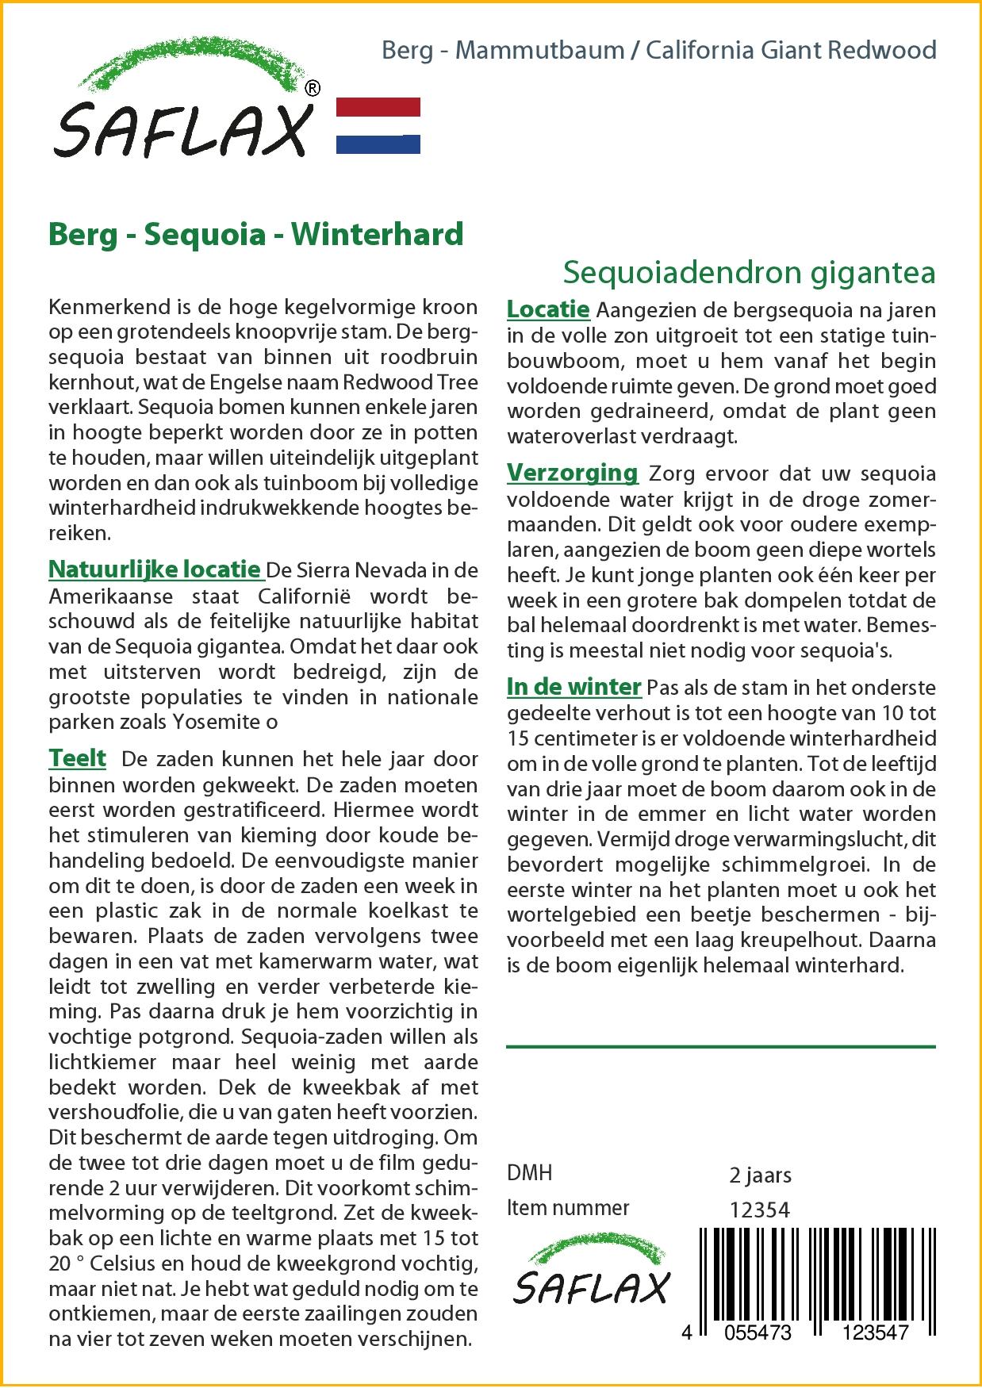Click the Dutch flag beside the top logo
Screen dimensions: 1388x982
(x=378, y=125)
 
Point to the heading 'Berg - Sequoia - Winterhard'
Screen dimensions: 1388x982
(x=255, y=234)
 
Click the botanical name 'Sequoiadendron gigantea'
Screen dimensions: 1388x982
(x=749, y=272)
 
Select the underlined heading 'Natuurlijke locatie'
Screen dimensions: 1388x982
(x=155, y=569)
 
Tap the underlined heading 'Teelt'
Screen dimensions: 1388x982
(x=77, y=758)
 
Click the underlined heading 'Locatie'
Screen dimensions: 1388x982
(x=548, y=309)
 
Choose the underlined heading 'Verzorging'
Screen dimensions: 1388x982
(x=572, y=473)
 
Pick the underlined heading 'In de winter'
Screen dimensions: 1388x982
(x=573, y=686)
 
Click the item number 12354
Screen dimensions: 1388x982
(x=759, y=1209)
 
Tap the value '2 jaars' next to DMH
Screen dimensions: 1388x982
(x=759, y=1174)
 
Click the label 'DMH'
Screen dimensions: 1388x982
(x=529, y=1174)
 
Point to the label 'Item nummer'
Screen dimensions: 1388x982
(x=567, y=1208)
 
